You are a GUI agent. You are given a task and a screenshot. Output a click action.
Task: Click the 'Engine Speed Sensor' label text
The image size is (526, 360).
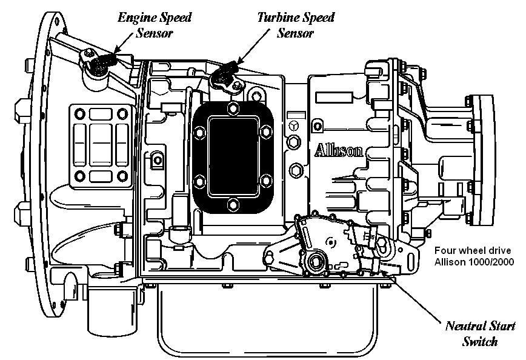[x=154, y=24]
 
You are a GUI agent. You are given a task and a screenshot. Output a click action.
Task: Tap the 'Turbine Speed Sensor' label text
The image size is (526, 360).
[x=295, y=24]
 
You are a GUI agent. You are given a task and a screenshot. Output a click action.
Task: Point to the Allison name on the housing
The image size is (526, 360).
[x=339, y=150]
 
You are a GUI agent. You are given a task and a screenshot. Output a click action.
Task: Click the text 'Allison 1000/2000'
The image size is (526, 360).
[x=473, y=262]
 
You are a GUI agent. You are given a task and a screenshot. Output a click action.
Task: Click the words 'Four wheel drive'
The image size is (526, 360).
[x=473, y=250]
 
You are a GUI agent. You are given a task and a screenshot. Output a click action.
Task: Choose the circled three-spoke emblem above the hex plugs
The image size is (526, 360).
[x=295, y=125]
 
